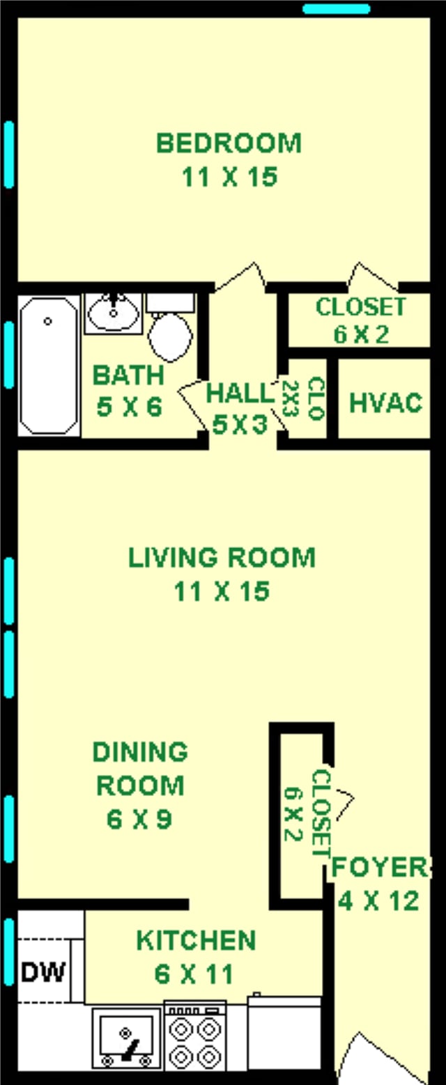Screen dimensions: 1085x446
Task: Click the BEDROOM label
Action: [x=229, y=143]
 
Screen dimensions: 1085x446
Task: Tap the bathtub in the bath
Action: [x=49, y=365]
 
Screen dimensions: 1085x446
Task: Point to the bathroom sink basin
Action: [x=113, y=313]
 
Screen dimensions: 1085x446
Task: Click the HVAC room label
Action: [x=385, y=403]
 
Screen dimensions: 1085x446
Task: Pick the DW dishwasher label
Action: [x=43, y=971]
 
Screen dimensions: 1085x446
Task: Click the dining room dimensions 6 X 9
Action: [x=139, y=820]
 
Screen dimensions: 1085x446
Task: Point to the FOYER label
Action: [x=380, y=868]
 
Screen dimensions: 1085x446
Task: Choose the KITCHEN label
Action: [x=196, y=940]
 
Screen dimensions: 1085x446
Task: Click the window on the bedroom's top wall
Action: [x=337, y=9]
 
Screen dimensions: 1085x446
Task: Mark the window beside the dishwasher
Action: [x=8, y=951]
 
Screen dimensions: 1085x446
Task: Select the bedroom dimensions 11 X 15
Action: [x=229, y=177]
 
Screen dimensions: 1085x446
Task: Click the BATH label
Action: [x=128, y=376]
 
